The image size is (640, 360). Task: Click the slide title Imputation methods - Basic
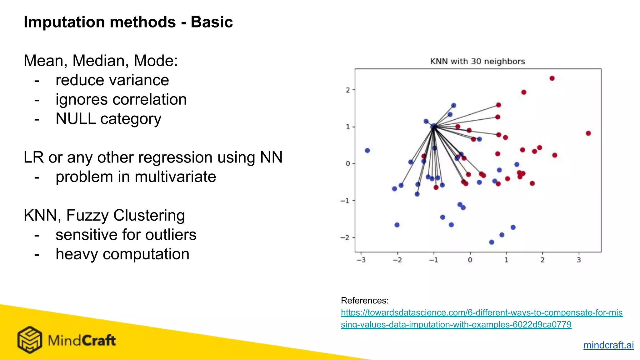[128, 22]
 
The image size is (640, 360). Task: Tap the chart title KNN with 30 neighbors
[477, 61]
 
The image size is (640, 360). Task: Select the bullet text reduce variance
[112, 80]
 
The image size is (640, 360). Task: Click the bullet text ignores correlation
[121, 99]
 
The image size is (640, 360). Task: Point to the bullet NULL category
[108, 119]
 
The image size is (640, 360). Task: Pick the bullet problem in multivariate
[136, 177]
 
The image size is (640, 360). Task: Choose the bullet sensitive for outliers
[126, 235]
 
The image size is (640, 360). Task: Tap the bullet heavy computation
[122, 254]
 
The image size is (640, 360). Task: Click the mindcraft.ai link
[608, 345]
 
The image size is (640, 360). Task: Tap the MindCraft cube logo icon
[29, 340]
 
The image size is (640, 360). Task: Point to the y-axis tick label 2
[348, 90]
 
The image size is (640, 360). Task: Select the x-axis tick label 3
[578, 260]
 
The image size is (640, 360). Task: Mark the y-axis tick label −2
[345, 238]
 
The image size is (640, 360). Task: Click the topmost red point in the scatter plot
[552, 78]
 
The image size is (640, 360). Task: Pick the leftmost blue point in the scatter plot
[367, 151]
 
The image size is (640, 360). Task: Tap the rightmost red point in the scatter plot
[588, 133]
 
